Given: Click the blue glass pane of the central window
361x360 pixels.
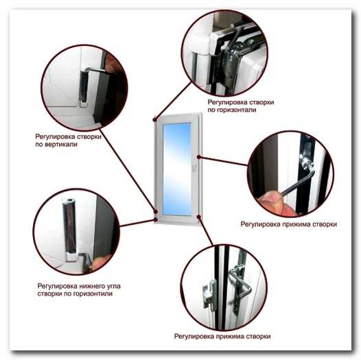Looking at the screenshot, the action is click(x=177, y=169).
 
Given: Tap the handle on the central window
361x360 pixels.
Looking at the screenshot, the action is click(x=194, y=165).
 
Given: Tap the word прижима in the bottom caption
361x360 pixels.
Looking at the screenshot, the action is click(x=231, y=336).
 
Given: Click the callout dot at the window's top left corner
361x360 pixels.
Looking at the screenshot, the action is click(x=155, y=119).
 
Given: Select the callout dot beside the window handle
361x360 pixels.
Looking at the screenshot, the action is click(x=199, y=157).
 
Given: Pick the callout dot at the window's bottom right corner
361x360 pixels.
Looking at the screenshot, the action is click(x=199, y=217).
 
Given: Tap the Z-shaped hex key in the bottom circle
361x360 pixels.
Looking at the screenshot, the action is click(x=242, y=283).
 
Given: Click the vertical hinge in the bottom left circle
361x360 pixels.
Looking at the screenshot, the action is click(x=70, y=229).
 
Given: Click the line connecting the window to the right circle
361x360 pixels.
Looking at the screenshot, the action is click(x=224, y=161).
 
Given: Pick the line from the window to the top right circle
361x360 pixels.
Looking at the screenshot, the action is click(x=173, y=101).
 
